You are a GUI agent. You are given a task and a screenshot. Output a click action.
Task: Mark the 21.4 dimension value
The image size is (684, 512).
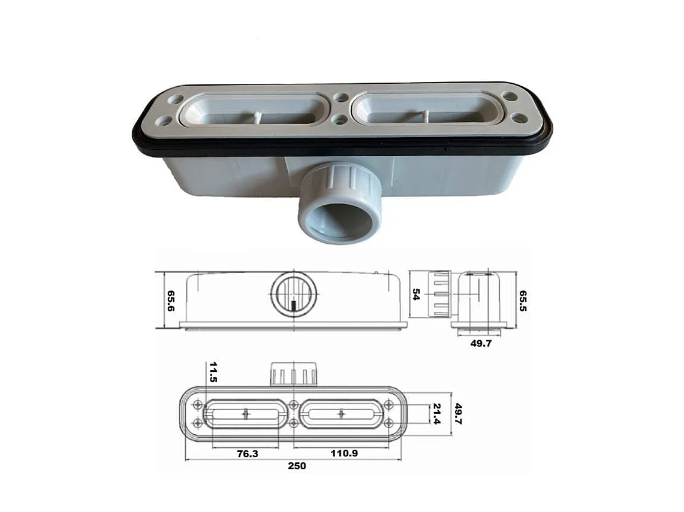pos(436,413)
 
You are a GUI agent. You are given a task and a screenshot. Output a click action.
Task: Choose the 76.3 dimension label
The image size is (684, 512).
pos(246,454)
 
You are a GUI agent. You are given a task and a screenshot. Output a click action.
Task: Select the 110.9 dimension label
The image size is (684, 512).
pos(344,454)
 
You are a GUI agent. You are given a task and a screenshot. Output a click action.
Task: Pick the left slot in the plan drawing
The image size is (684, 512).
pos(246,414)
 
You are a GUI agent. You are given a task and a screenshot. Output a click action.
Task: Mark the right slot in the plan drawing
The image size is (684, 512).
pos(341,414)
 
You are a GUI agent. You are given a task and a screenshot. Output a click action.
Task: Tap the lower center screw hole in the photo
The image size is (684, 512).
pos(340,120)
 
